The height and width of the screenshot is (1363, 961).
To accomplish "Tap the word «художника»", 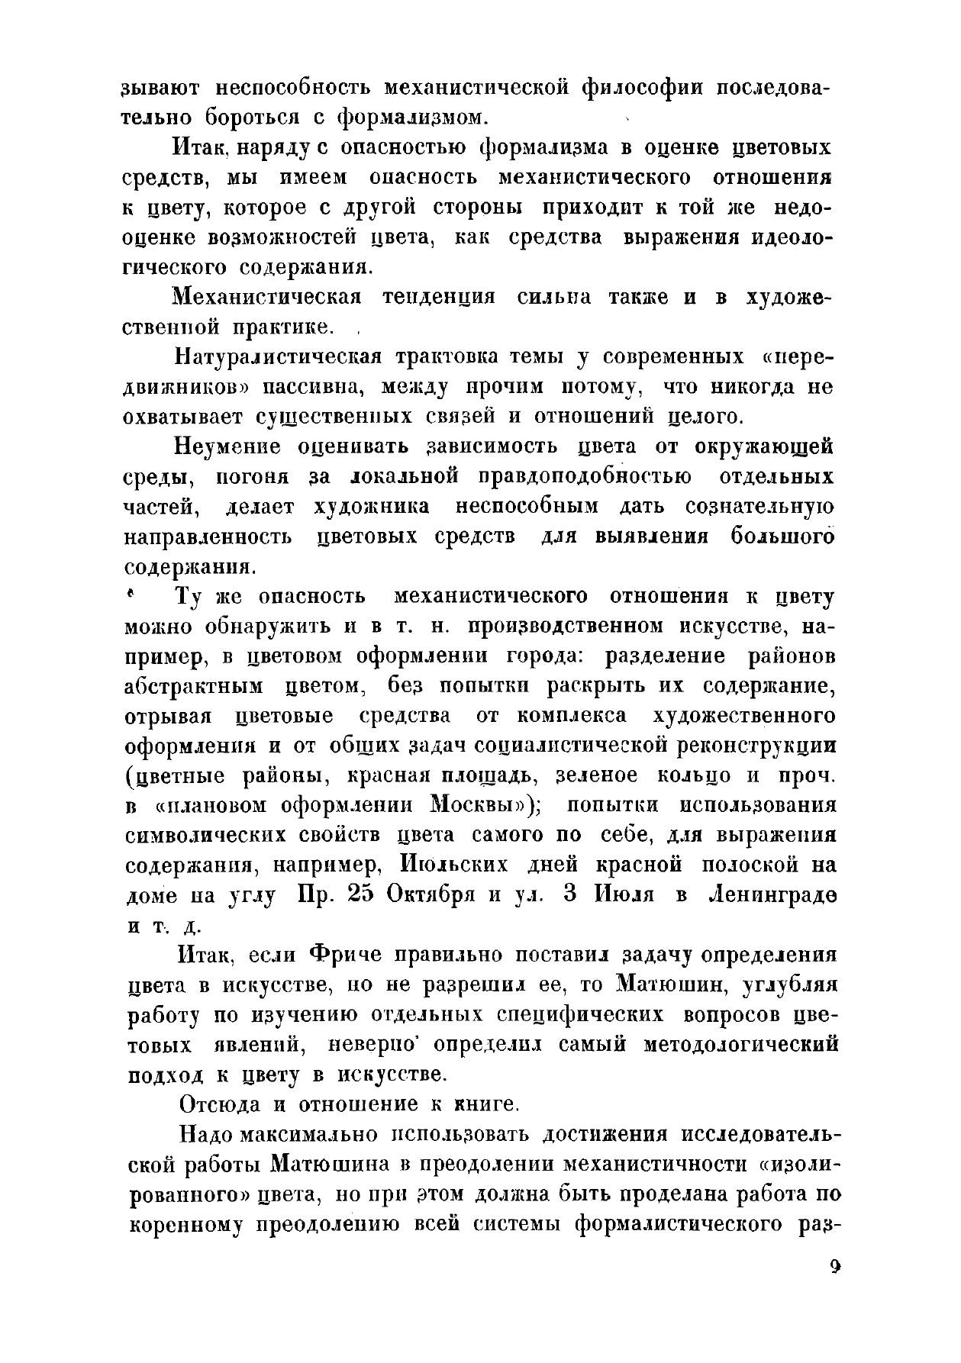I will click(x=372, y=507).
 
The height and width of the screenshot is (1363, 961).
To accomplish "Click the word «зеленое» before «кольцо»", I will click(x=598, y=775).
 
